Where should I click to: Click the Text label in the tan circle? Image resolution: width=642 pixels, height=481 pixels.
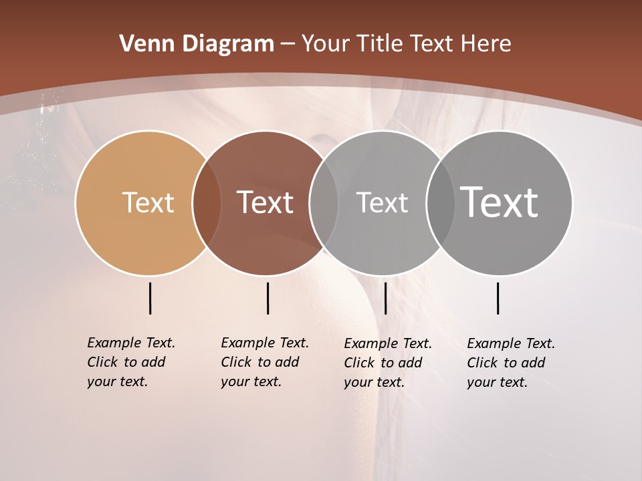[148, 202]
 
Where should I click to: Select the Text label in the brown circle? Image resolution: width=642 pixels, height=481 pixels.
[265, 202]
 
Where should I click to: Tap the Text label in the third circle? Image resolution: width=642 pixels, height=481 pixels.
[382, 202]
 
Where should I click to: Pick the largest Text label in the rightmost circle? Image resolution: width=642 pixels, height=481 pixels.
[500, 202]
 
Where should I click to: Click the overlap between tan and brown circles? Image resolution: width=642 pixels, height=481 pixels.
[206, 203]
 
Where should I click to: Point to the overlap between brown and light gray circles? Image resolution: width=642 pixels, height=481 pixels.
[323, 203]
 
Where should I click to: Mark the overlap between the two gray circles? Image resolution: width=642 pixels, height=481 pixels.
[440, 203]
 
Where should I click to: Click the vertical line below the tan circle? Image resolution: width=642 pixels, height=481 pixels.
[150, 298]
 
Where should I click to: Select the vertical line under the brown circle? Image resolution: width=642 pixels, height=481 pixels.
[267, 298]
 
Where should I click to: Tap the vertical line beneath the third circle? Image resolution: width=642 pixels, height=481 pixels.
[385, 298]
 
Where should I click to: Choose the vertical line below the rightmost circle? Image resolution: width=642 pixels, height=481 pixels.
[498, 298]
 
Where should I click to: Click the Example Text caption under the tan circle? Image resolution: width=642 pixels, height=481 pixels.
[130, 362]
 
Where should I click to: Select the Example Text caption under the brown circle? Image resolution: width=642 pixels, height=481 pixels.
[264, 362]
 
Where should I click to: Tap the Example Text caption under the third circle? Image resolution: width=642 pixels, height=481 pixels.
[387, 363]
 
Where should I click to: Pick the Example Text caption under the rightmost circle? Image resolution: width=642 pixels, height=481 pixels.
[510, 363]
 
